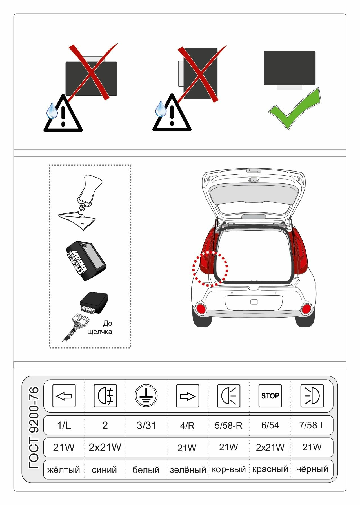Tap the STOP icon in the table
(270, 396)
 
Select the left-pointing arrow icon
(64, 396)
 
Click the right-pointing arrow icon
(187, 396)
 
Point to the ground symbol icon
(146, 396)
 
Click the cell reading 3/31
(146, 425)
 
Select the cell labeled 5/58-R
(228, 425)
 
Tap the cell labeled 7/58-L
(312, 425)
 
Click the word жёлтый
(64, 470)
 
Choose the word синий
(105, 470)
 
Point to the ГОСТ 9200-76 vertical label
(34, 428)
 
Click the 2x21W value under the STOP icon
(270, 447)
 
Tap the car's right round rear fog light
(306, 309)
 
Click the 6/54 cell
(270, 425)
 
